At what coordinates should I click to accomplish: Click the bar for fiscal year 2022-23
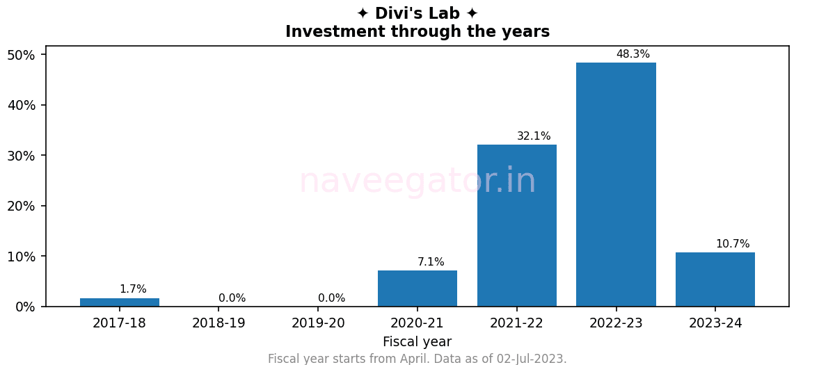[616, 184]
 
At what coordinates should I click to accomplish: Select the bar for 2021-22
[516, 225]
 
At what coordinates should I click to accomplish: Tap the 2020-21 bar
[417, 289]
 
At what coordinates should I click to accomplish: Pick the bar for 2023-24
[715, 279]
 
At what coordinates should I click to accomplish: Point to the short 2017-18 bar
[120, 302]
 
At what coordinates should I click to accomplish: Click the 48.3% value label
[633, 54]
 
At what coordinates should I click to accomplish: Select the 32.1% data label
[534, 136]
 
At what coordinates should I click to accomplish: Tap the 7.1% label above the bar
[431, 262]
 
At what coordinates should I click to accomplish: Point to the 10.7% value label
[732, 244]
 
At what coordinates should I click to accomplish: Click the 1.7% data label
[133, 289]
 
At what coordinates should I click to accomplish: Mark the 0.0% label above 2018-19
[232, 298]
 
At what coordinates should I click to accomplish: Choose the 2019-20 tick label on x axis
[318, 323]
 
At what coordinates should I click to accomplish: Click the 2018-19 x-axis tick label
[218, 323]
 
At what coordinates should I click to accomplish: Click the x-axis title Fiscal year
[417, 342]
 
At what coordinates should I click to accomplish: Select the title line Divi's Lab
[417, 13]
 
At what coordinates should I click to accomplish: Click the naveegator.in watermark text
[417, 181]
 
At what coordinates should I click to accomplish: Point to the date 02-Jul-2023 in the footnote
[531, 359]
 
